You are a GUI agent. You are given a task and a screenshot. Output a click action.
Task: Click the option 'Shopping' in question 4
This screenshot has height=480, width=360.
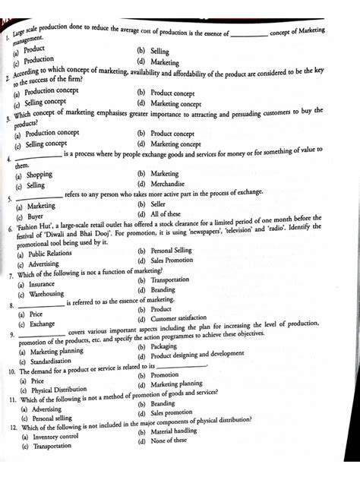(x=39, y=175)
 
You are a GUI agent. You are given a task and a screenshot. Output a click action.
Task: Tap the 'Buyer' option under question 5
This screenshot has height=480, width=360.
(x=38, y=216)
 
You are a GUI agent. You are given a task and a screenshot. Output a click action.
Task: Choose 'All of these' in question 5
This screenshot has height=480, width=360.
(x=166, y=214)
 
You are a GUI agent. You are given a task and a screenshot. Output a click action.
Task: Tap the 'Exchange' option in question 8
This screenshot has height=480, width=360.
(x=42, y=324)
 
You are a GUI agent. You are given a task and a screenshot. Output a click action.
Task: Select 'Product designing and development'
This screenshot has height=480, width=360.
(x=197, y=355)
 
